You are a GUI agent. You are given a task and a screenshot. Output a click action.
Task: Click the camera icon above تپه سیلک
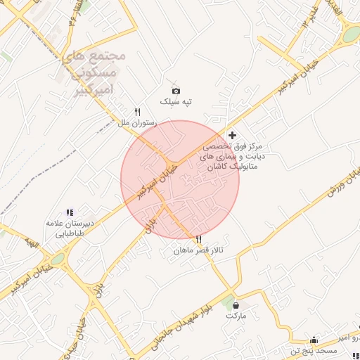[x=176, y=91]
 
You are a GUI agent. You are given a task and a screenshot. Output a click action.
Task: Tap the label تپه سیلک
[x=176, y=103]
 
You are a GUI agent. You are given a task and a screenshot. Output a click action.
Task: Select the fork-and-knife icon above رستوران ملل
[x=138, y=112]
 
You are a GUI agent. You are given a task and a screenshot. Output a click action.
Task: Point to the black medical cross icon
[x=233, y=134]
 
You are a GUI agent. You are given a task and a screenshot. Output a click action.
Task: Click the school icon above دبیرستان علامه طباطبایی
[x=70, y=212]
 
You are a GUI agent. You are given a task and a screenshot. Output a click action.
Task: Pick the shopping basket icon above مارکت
[x=235, y=305]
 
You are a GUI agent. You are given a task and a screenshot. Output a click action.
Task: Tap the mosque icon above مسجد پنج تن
[x=314, y=340]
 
